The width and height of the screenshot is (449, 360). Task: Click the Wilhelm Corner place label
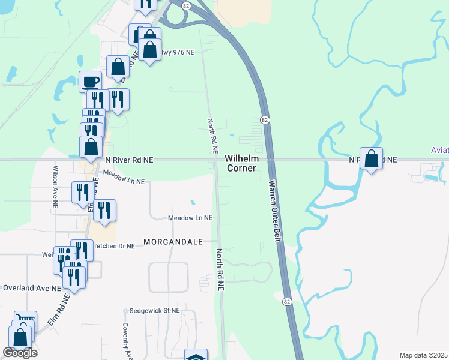tap(241, 163)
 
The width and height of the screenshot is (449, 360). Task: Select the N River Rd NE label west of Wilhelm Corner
tap(129, 160)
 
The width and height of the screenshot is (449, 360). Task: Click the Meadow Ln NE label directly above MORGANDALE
tap(190, 218)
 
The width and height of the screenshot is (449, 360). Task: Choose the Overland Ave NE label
tap(31, 288)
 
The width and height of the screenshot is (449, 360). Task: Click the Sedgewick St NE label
tap(155, 311)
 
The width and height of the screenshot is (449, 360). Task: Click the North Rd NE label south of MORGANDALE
tap(220, 270)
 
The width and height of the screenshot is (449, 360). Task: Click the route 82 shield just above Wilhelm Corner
tap(265, 121)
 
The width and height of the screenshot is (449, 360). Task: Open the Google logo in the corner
tap(20, 353)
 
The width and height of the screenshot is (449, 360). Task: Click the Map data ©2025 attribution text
tap(423, 355)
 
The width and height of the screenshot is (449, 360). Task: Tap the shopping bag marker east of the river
tap(372, 159)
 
